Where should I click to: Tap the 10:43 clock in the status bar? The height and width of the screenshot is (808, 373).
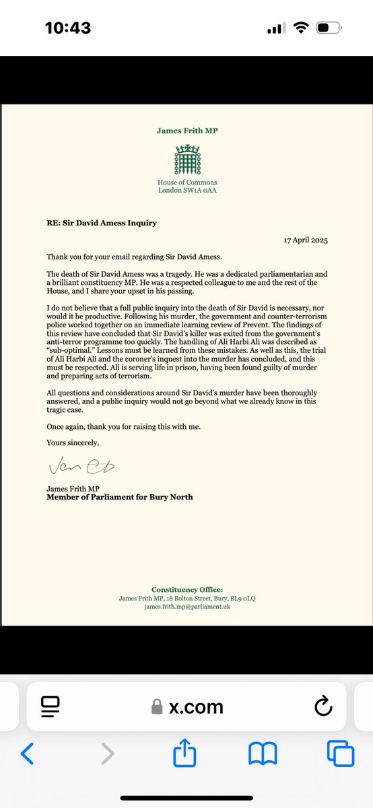[x=67, y=28]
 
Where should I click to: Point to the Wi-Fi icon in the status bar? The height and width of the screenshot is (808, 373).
[x=300, y=28]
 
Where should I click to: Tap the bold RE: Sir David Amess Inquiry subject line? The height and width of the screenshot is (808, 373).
[x=101, y=223]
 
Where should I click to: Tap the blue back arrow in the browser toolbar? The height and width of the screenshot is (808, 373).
[x=27, y=753]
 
